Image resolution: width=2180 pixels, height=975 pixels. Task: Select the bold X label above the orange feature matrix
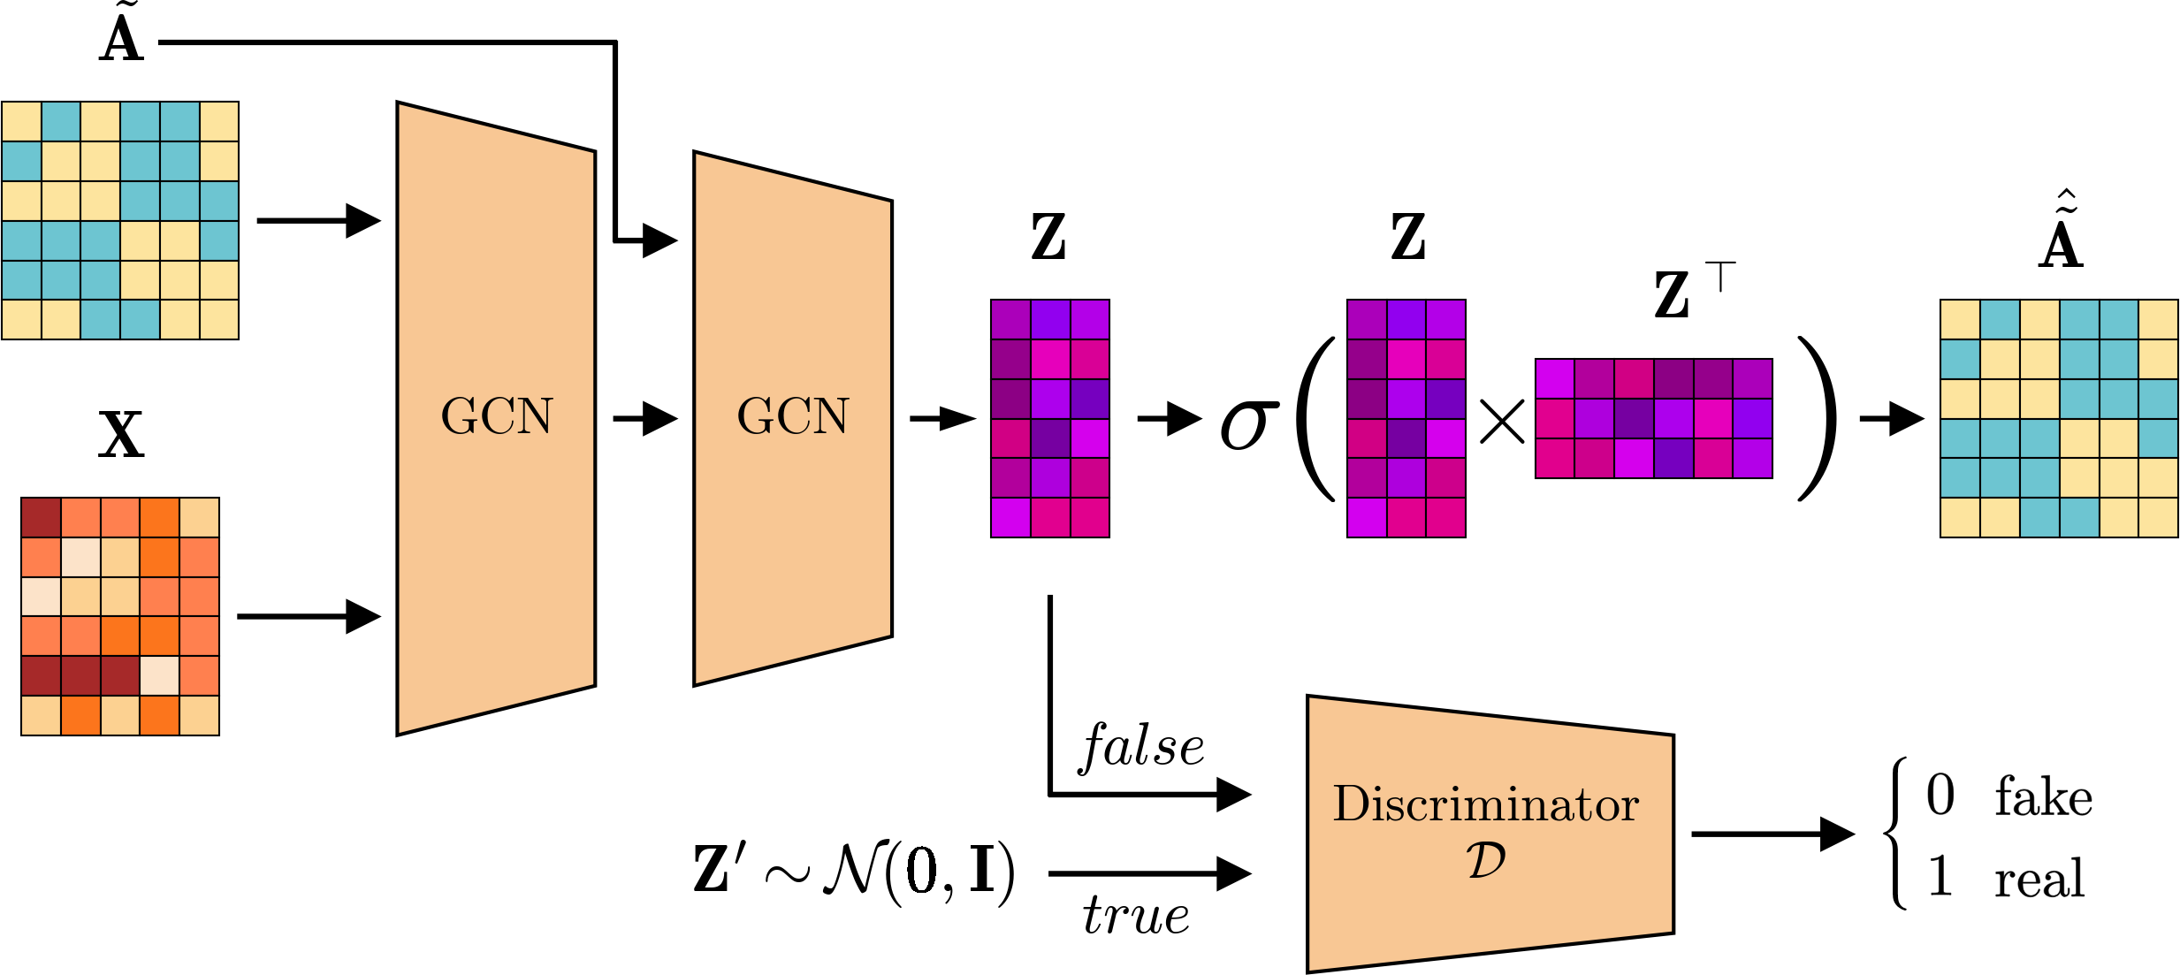pyautogui.click(x=121, y=435)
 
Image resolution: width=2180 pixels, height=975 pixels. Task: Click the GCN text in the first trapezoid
pyautogui.click(x=496, y=416)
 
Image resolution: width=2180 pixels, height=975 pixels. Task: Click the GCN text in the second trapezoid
pyautogui.click(x=792, y=416)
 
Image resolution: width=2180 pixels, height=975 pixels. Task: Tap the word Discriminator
pyautogui.click(x=1485, y=804)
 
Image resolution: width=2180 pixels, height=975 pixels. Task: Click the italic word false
pyautogui.click(x=1141, y=747)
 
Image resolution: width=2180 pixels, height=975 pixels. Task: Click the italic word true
pyautogui.click(x=1136, y=915)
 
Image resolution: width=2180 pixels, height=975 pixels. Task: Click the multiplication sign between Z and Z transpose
pyautogui.click(x=1501, y=421)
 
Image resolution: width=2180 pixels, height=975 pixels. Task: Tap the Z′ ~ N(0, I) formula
pyautogui.click(x=854, y=871)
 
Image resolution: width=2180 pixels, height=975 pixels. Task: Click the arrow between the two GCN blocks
pyautogui.click(x=644, y=418)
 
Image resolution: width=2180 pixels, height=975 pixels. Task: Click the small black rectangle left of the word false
pyautogui.click(x=941, y=750)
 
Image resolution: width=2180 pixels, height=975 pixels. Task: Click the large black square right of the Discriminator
pyautogui.click(x=2001, y=835)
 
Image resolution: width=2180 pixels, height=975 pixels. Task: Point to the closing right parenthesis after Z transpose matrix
pyautogui.click(x=1818, y=419)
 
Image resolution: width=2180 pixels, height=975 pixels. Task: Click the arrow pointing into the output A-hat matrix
pyautogui.click(x=1891, y=418)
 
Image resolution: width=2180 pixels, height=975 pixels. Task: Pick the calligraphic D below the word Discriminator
pyautogui.click(x=1485, y=861)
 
